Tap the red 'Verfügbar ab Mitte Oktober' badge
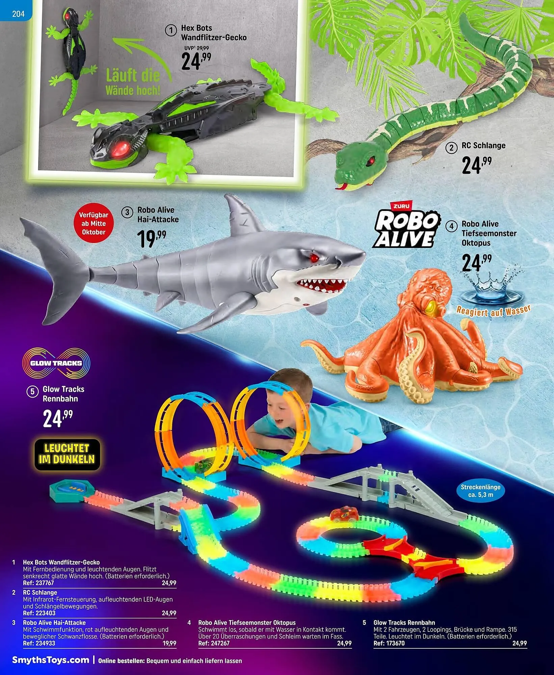tap(94, 223)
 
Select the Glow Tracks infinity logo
tap(56, 363)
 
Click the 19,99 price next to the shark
tap(151, 237)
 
